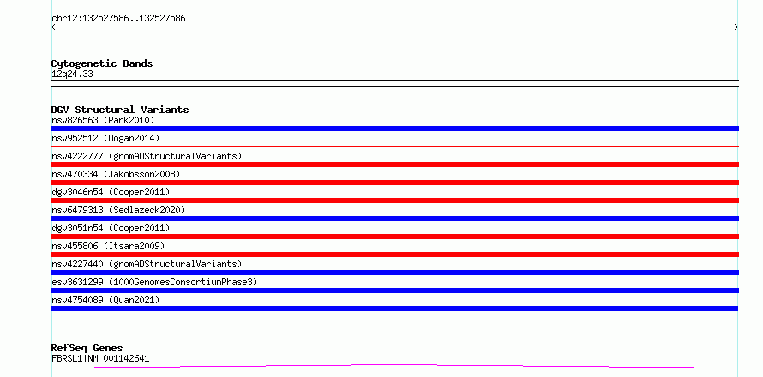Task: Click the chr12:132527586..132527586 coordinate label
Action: click(x=118, y=19)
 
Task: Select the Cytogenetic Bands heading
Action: click(x=102, y=63)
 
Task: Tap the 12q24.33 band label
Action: click(x=72, y=75)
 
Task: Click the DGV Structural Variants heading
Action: click(x=120, y=110)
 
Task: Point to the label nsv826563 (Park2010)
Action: click(x=103, y=120)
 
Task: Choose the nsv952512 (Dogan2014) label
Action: click(x=105, y=138)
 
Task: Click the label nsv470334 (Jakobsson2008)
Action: click(x=116, y=174)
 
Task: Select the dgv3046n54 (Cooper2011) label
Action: click(x=111, y=192)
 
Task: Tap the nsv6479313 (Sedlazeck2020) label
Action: click(x=118, y=210)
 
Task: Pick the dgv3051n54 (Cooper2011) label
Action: click(x=111, y=228)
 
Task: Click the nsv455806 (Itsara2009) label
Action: click(x=108, y=246)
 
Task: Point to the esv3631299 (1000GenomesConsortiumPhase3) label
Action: click(x=154, y=282)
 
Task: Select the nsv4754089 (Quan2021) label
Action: click(x=105, y=300)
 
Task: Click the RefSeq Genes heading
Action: click(x=87, y=348)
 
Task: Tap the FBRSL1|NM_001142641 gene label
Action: click(x=100, y=359)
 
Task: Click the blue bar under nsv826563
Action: click(x=394, y=129)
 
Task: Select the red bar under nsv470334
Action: click(x=394, y=183)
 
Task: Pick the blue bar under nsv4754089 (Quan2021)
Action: click(x=394, y=308)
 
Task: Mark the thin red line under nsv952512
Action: click(x=394, y=146)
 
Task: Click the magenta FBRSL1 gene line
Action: click(x=394, y=365)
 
